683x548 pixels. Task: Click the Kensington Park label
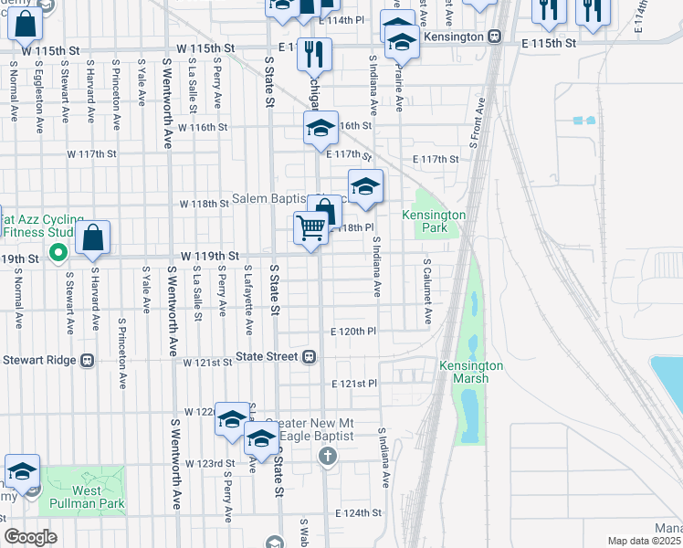click(434, 220)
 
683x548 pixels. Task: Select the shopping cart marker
click(311, 228)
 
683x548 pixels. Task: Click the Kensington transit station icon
click(494, 36)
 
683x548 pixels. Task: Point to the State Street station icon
click(310, 356)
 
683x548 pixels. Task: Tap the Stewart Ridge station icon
click(88, 360)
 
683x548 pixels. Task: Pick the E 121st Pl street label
click(353, 384)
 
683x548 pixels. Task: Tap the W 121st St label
click(207, 363)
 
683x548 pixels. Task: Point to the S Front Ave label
click(477, 123)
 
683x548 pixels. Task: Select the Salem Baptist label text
click(274, 199)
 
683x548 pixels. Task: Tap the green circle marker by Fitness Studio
click(58, 251)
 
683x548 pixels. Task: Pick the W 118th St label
click(203, 204)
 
